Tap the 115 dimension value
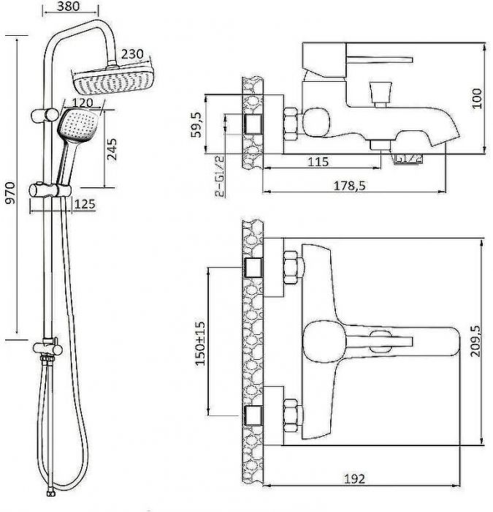(317, 162)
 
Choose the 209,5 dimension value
(478, 340)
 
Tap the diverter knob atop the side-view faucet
(380, 92)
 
